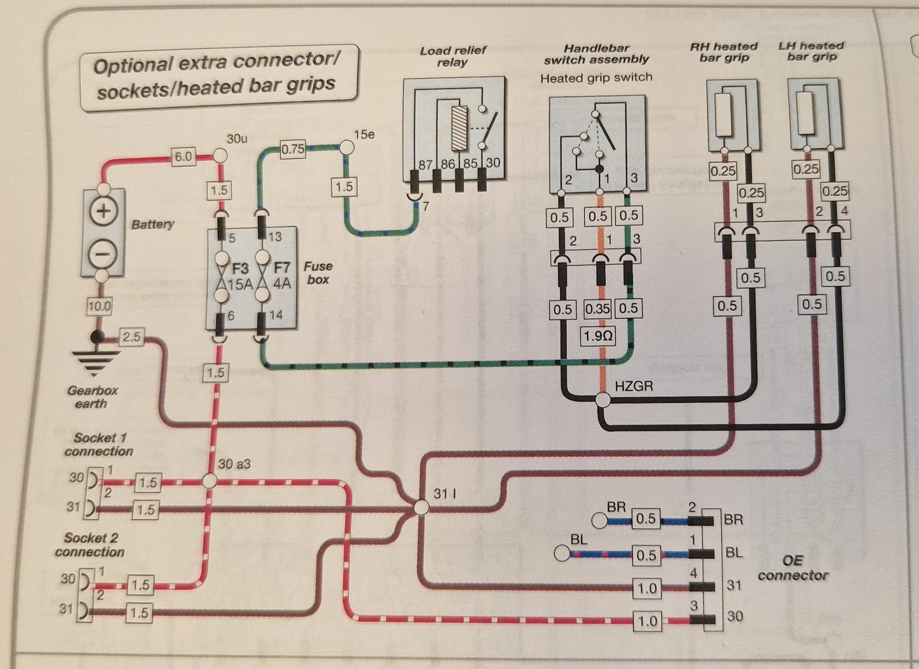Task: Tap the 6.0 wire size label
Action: pos(183,157)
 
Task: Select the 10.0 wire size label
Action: pos(99,306)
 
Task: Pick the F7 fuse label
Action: pos(282,268)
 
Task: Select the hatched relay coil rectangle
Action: pos(460,128)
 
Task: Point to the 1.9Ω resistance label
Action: pos(597,336)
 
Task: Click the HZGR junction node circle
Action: pos(603,400)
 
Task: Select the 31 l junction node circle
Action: pos(421,507)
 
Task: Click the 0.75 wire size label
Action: pos(293,149)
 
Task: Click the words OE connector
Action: pos(793,568)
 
